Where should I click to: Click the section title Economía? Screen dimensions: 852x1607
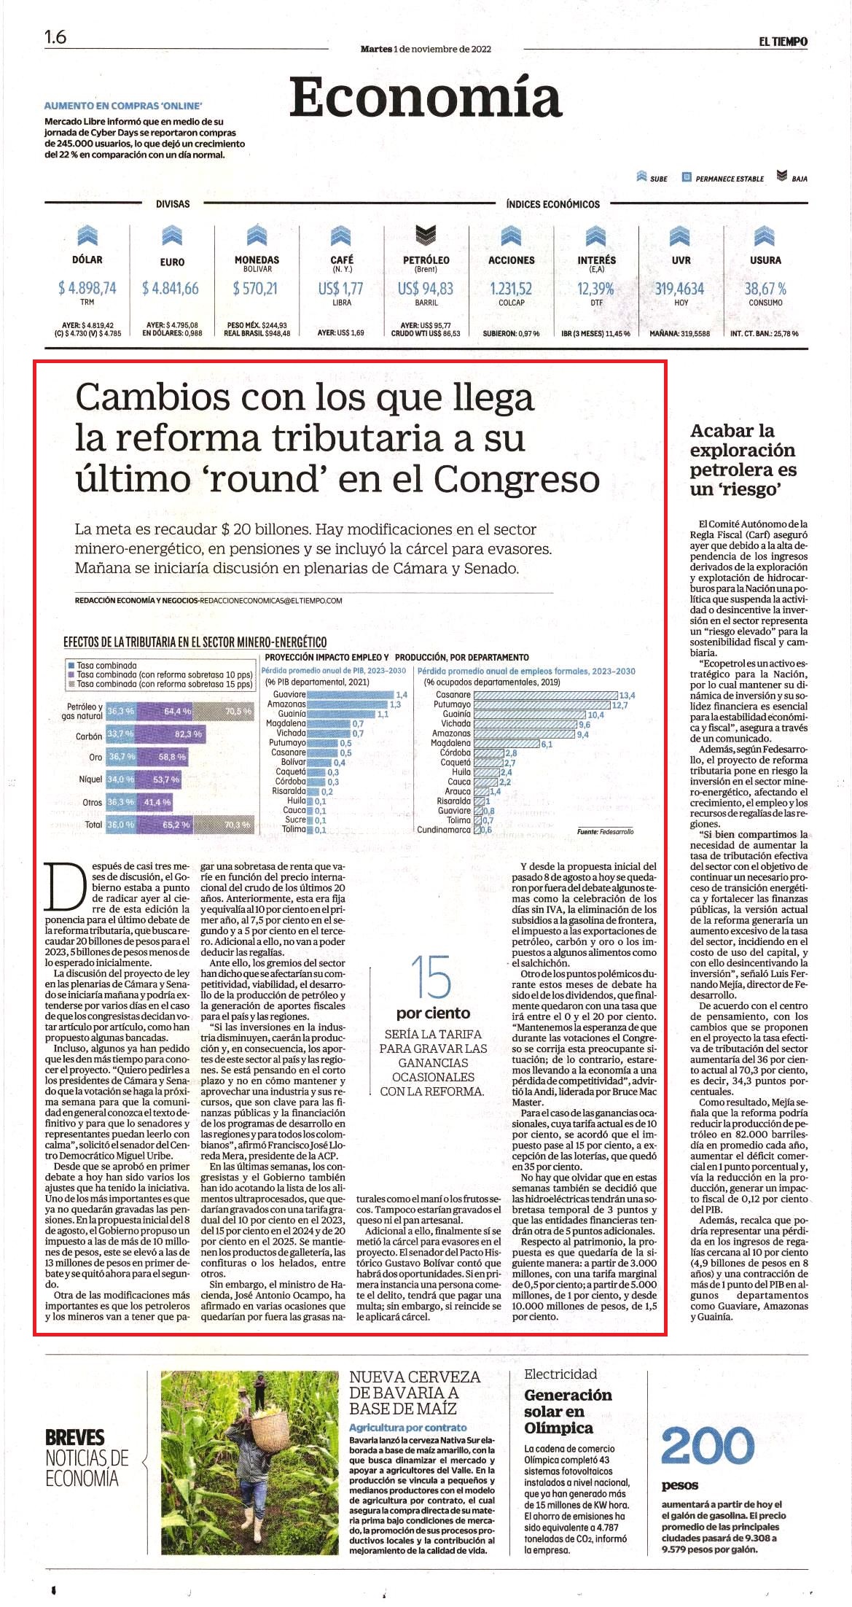pyautogui.click(x=426, y=98)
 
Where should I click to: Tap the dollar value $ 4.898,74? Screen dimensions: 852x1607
pyautogui.click(x=87, y=288)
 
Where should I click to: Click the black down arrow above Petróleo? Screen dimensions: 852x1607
pyautogui.click(x=426, y=236)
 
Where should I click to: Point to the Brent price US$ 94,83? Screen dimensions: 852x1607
pyautogui.click(x=426, y=288)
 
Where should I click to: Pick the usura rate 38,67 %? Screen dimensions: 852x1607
pyautogui.click(x=765, y=288)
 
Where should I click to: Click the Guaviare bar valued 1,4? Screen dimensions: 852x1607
pyautogui.click(x=350, y=695)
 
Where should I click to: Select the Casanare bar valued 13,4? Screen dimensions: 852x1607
pyautogui.click(x=545, y=695)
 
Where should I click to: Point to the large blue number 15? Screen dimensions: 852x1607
pyautogui.click(x=432, y=978)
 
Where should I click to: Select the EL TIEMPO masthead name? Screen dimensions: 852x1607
pyautogui.click(x=783, y=42)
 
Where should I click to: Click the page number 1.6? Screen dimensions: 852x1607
pyautogui.click(x=55, y=37)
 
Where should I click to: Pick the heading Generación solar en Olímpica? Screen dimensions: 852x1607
pyautogui.click(x=568, y=1412)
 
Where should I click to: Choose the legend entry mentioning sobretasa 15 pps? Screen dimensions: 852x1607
pyautogui.click(x=165, y=684)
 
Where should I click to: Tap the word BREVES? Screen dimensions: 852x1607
pyautogui.click(x=75, y=1436)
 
